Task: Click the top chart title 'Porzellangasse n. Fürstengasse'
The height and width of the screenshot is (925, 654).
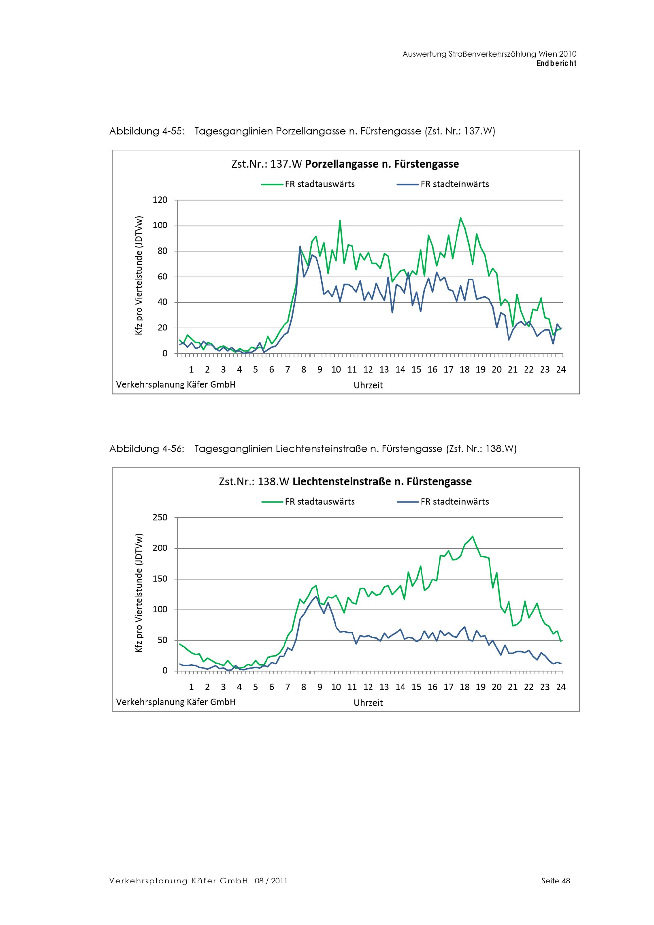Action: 382,164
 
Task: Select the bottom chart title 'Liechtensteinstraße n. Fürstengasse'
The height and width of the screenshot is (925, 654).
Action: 382,482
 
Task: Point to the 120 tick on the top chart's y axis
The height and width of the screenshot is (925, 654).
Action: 160,200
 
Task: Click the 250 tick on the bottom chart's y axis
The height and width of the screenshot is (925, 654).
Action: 160,517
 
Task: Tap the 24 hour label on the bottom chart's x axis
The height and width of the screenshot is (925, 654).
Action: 560,687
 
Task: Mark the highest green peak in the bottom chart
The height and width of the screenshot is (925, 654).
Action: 472,536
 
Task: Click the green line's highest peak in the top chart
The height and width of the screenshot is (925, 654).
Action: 461,218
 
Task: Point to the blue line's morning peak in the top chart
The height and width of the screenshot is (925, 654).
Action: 300,246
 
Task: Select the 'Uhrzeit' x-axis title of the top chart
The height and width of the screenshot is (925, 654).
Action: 368,385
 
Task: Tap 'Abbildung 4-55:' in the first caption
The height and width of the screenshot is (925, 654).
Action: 147,131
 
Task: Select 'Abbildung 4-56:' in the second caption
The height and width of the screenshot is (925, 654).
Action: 147,449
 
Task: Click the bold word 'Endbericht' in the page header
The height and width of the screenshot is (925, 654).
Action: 556,63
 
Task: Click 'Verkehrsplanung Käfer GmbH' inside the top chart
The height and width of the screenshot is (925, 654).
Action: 176,384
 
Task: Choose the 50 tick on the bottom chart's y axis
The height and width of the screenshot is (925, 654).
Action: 163,640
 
